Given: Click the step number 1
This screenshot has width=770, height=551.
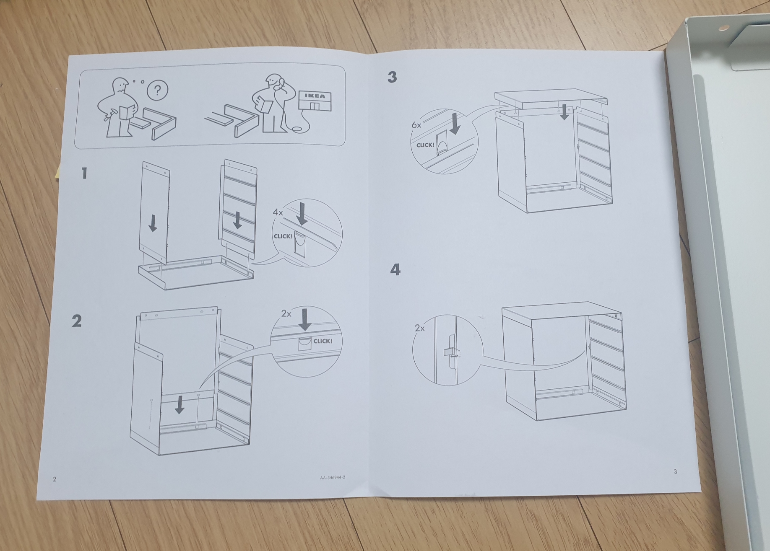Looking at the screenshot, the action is [x=84, y=173].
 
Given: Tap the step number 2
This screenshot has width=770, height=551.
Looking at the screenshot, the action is [x=77, y=321].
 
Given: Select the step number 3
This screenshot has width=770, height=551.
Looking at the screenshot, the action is [x=392, y=77].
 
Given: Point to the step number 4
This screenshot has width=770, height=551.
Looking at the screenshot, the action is [x=395, y=269].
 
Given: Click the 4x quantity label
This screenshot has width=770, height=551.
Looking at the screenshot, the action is [x=278, y=212].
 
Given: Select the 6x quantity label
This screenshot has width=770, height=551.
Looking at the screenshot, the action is [x=416, y=125].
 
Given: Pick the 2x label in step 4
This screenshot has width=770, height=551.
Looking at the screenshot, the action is [x=420, y=328].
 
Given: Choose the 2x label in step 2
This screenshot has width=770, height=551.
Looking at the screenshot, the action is [x=286, y=313].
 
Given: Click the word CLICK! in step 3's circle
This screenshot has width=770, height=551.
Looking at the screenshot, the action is [x=425, y=145].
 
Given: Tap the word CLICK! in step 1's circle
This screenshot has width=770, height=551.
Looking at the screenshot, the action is [x=283, y=236].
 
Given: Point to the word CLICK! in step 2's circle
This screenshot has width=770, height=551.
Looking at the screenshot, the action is [x=323, y=341].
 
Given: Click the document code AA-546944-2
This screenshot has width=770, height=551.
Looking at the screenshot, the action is [x=333, y=477].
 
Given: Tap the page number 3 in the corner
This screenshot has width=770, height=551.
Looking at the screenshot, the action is [x=675, y=472].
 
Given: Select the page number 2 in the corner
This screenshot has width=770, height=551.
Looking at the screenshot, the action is [x=54, y=479].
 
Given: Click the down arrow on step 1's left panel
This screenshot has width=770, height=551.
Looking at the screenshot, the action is [x=153, y=223].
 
